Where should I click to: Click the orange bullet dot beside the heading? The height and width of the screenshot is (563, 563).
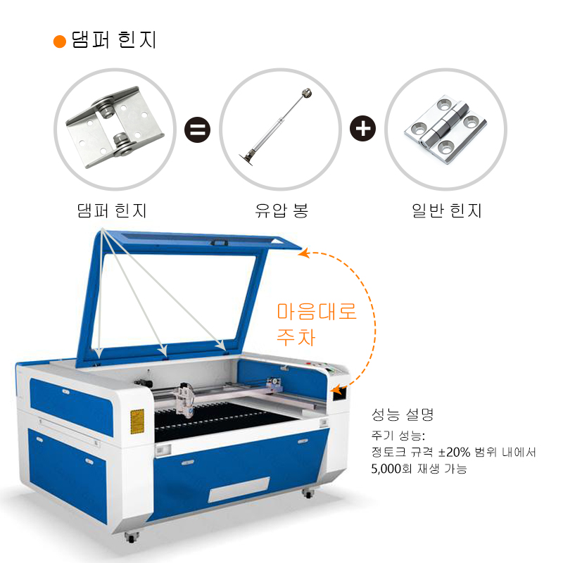[x=60, y=42]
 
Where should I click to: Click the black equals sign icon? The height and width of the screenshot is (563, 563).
[x=198, y=129]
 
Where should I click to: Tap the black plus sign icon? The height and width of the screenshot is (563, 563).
[x=362, y=128]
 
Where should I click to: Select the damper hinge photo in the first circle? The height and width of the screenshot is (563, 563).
[x=115, y=127]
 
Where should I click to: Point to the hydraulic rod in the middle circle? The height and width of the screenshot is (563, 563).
[x=276, y=127]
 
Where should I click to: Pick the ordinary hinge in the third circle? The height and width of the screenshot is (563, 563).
[x=445, y=129]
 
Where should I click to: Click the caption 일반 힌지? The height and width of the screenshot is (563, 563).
[x=447, y=210]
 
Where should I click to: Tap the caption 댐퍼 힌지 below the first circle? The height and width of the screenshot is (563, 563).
[x=112, y=210]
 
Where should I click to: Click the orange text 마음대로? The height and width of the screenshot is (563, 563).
[x=317, y=311]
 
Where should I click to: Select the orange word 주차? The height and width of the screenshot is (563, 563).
[x=296, y=337]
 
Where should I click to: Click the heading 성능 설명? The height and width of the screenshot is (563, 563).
[x=403, y=415]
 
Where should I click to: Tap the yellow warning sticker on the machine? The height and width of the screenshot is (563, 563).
[x=137, y=421]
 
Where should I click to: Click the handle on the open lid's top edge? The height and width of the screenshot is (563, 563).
[x=219, y=243]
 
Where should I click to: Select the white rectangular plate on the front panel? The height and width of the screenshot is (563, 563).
[x=239, y=490]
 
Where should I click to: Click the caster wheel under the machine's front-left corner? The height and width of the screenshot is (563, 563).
[x=131, y=537]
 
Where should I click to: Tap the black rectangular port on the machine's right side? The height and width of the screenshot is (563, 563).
[x=339, y=393]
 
